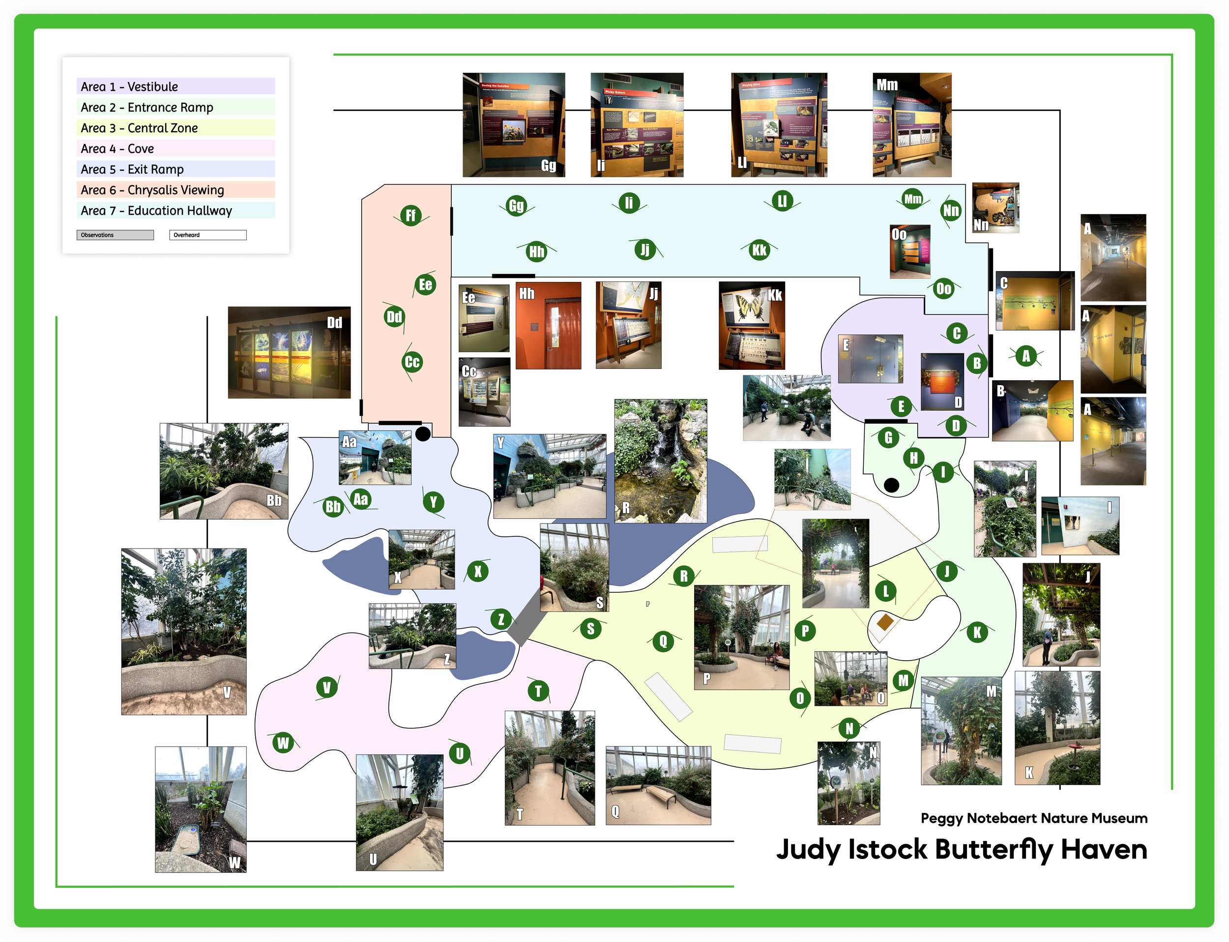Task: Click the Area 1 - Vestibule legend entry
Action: click(x=175, y=86)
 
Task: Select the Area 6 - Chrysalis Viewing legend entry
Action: click(x=175, y=190)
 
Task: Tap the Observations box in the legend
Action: click(x=115, y=235)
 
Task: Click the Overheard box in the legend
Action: click(x=207, y=235)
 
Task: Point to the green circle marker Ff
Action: click(x=411, y=215)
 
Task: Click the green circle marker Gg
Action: click(x=516, y=206)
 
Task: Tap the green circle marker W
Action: click(x=283, y=743)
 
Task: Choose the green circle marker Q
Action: click(x=663, y=640)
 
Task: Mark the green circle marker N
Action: click(x=849, y=728)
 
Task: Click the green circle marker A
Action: click(x=1026, y=356)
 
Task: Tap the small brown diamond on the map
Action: click(x=885, y=621)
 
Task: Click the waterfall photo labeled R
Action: click(x=661, y=461)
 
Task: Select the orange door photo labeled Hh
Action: click(x=548, y=326)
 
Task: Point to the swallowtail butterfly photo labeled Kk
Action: click(x=752, y=326)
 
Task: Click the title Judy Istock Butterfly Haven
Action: click(x=961, y=850)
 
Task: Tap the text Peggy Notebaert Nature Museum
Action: click(x=1034, y=818)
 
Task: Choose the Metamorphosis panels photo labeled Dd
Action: click(x=289, y=353)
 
